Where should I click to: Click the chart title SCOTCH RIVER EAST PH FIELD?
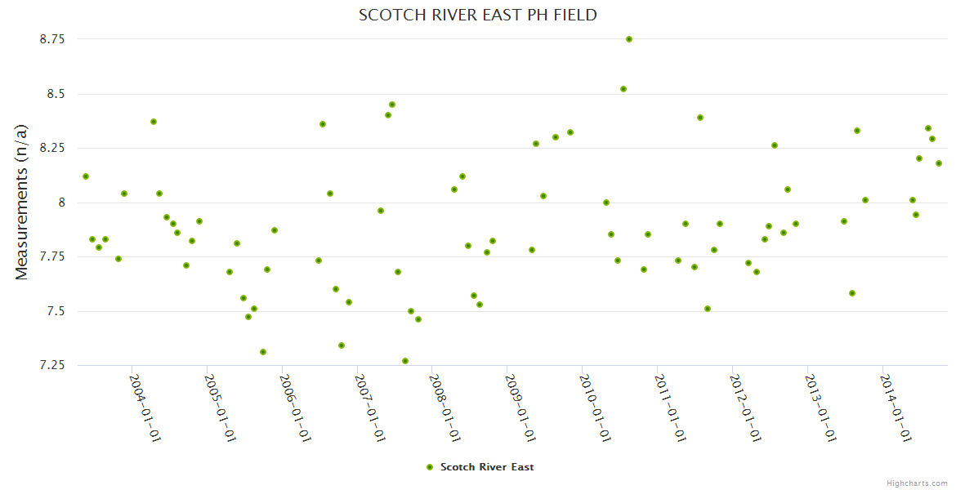pos(478,15)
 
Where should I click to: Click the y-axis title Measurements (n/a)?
pos(22,203)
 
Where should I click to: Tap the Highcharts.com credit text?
pos(918,483)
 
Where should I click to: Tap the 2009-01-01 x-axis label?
pos(520,408)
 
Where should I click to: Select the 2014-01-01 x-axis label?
pos(895,408)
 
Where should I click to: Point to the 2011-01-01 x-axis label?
pos(670,408)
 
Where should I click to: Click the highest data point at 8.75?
pos(629,39)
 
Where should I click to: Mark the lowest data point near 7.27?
pos(405,361)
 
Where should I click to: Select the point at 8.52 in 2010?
pos(623,89)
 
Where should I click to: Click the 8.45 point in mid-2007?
pos(392,105)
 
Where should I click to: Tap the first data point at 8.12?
pos(86,176)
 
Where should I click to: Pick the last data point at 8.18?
pos(939,163)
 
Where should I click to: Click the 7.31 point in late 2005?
pos(263,352)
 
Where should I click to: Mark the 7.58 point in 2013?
pos(852,293)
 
